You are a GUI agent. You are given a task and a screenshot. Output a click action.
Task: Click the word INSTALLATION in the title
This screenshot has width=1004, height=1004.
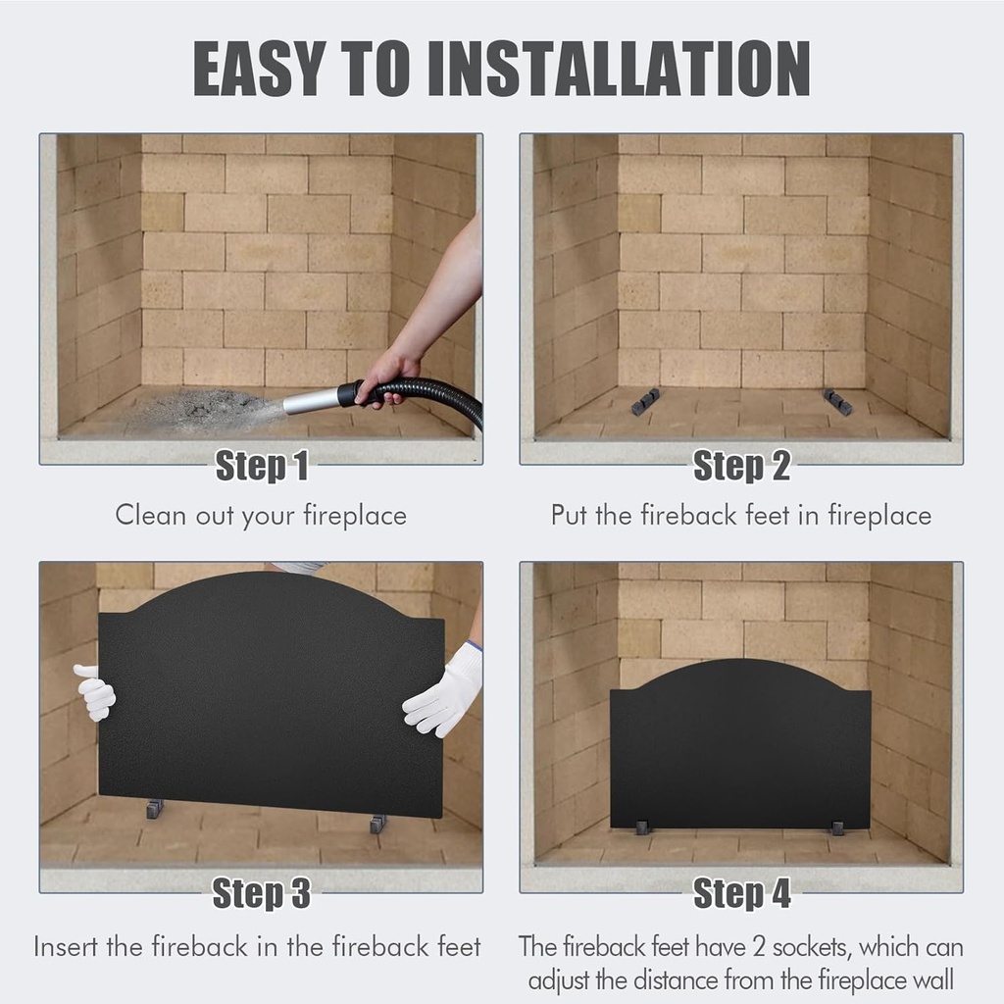tap(619, 68)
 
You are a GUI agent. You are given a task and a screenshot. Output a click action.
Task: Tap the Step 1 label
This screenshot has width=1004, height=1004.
tap(261, 467)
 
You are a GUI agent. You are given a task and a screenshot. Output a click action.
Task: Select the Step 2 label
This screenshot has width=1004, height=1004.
tap(741, 467)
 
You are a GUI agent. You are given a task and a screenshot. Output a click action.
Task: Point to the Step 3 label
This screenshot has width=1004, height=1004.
tap(261, 893)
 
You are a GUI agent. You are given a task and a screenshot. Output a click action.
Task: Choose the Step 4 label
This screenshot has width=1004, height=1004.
tap(741, 893)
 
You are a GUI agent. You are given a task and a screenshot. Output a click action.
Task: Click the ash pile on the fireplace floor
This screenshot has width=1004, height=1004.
tap(206, 407)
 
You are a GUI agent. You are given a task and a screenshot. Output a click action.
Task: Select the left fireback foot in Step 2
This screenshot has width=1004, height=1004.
tap(644, 401)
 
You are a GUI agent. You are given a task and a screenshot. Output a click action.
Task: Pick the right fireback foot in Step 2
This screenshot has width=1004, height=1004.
tap(837, 401)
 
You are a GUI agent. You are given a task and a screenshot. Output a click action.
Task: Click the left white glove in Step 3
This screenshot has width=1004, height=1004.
tap(95, 692)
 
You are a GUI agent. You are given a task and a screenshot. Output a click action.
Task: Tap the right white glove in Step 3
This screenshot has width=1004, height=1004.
tap(446, 691)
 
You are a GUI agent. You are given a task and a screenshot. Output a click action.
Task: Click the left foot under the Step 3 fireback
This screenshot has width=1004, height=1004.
tap(155, 809)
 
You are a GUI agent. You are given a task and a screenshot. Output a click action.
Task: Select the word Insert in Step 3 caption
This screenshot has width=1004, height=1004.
tap(69, 947)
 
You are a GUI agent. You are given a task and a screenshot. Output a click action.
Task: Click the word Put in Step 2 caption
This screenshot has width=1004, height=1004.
tap(569, 516)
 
